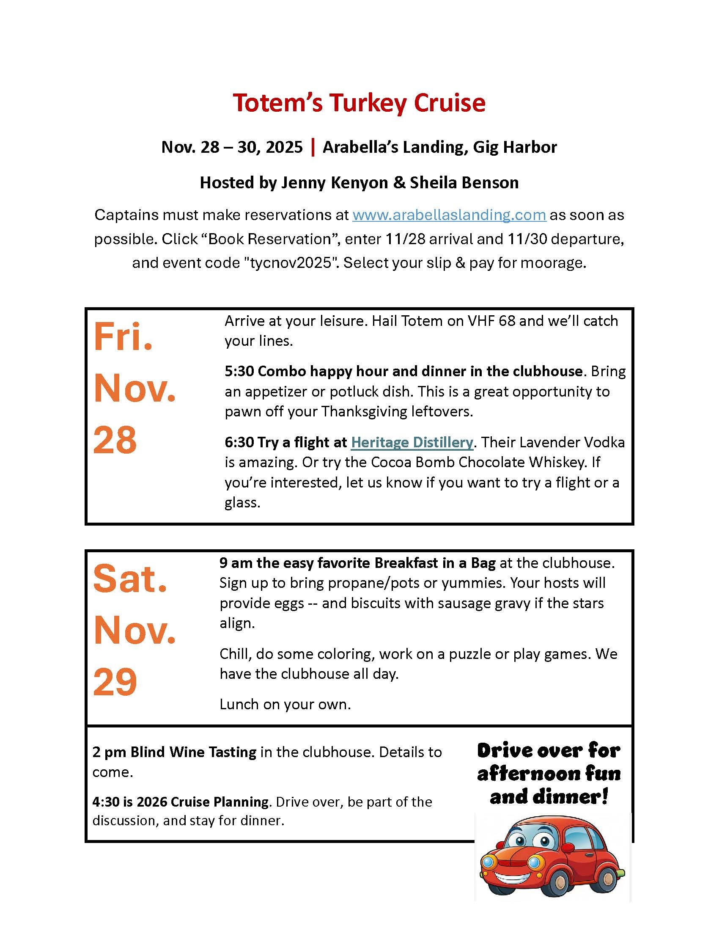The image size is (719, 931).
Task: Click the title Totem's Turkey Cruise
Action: pyautogui.click(x=359, y=103)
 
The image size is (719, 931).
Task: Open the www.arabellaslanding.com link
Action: pyautogui.click(x=449, y=215)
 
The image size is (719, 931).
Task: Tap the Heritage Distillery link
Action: pyautogui.click(x=412, y=442)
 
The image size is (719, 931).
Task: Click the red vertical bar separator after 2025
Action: pyautogui.click(x=313, y=147)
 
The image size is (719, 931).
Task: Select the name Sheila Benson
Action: pyautogui.click(x=464, y=182)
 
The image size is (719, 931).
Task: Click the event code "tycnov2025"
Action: pyautogui.click(x=286, y=263)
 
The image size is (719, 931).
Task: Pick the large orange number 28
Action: pyautogui.click(x=115, y=440)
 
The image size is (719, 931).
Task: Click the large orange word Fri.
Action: pyautogui.click(x=123, y=338)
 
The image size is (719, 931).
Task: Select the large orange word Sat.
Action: pyautogui.click(x=129, y=579)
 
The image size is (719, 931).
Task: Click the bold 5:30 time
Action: pyautogui.click(x=239, y=371)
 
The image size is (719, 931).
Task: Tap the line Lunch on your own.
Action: pyautogui.click(x=285, y=704)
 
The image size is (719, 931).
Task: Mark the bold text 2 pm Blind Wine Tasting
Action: pyautogui.click(x=174, y=752)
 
